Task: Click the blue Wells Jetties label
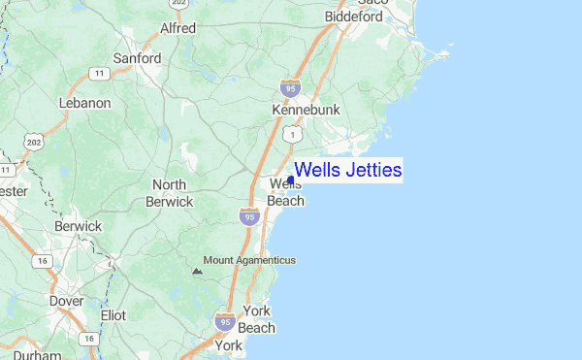(347, 170)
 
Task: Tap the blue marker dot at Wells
(291, 180)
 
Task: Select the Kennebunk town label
(306, 111)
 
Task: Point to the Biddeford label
(354, 17)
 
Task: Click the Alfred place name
(178, 28)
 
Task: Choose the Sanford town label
(137, 58)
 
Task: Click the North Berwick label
(169, 193)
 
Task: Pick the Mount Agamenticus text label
(249, 260)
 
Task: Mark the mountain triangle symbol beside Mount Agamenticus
(197, 272)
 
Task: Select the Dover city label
(66, 301)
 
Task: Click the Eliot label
(113, 315)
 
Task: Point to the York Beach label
(257, 319)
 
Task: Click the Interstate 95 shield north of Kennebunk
(289, 87)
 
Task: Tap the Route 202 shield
(34, 144)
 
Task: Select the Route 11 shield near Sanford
(98, 73)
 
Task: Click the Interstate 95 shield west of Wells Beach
(248, 217)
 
